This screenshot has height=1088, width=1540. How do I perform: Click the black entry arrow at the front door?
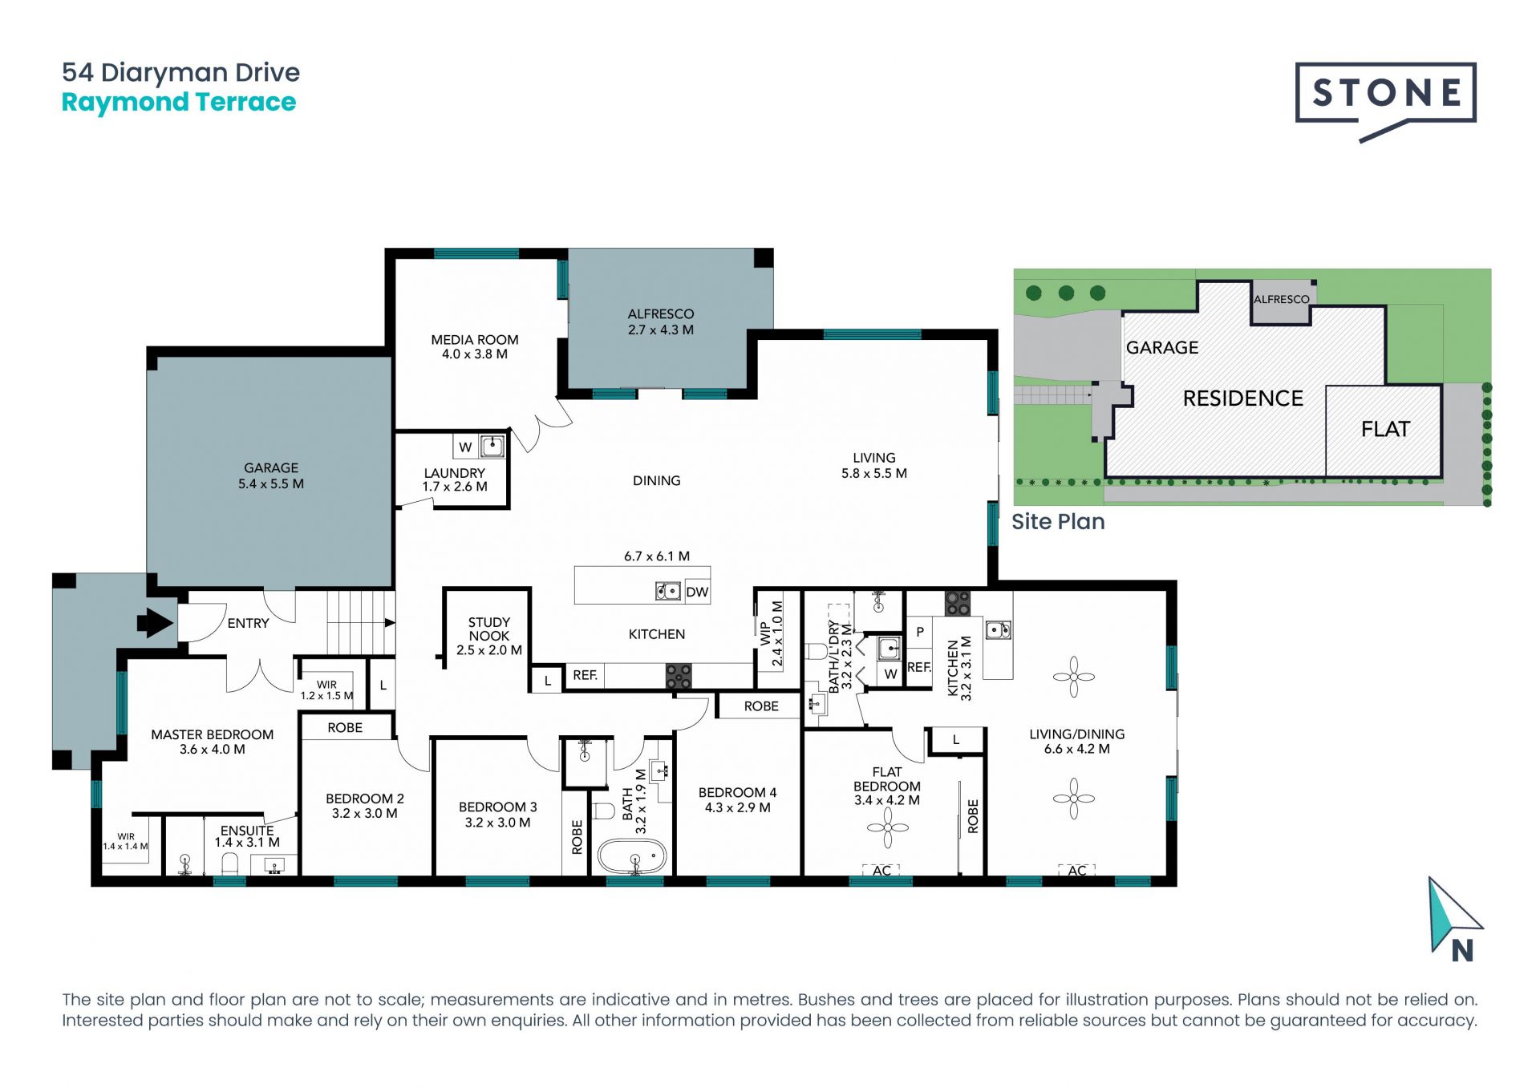pyautogui.click(x=156, y=623)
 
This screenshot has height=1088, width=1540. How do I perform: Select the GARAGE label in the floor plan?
pyautogui.click(x=270, y=467)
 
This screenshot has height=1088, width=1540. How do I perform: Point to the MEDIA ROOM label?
pyautogui.click(x=474, y=339)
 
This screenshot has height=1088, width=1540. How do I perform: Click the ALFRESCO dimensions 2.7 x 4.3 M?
pyautogui.click(x=660, y=330)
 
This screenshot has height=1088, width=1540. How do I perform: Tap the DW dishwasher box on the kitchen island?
pyautogui.click(x=696, y=592)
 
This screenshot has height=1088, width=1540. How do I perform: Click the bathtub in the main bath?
pyautogui.click(x=631, y=856)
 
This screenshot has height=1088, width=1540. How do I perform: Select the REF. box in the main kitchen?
pyautogui.click(x=585, y=675)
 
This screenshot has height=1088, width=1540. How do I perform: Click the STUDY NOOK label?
pyautogui.click(x=488, y=629)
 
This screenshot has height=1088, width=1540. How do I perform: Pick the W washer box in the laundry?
pyautogui.click(x=465, y=447)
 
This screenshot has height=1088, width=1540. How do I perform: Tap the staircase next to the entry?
pyautogui.click(x=360, y=623)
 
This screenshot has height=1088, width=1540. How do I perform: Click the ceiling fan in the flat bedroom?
pyautogui.click(x=887, y=827)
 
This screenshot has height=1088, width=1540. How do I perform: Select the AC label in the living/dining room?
pyautogui.click(x=1076, y=870)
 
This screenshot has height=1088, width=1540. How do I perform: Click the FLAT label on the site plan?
pyautogui.click(x=1384, y=429)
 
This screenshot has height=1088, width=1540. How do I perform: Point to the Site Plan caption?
pyautogui.click(x=1057, y=522)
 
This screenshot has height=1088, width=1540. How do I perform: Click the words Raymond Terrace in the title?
pyautogui.click(x=179, y=103)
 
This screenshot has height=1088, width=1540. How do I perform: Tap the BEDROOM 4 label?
pyautogui.click(x=736, y=792)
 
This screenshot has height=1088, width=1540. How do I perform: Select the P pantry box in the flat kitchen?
pyautogui.click(x=919, y=632)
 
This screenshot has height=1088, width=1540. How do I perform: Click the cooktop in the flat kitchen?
pyautogui.click(x=957, y=603)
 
